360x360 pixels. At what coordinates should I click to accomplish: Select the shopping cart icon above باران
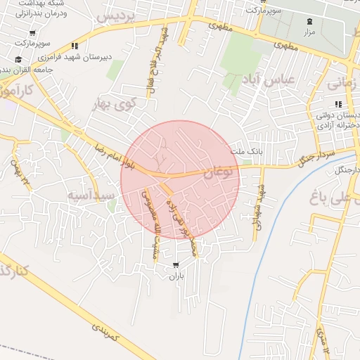click(175, 265)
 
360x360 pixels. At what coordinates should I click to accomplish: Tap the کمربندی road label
click(107, 333)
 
